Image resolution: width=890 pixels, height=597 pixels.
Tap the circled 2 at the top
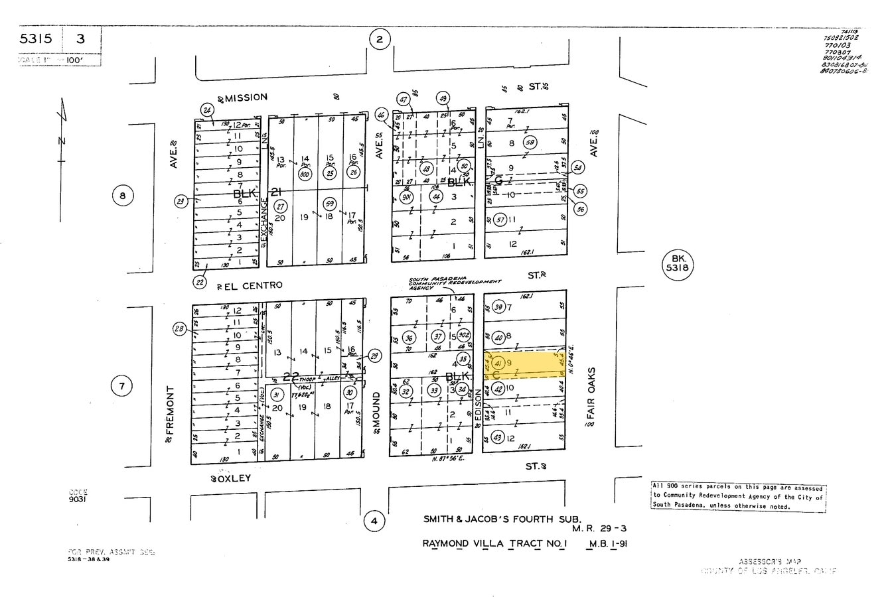click(379, 40)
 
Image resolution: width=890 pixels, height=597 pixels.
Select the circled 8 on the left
click(122, 196)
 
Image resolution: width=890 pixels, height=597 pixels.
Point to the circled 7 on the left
click(122, 386)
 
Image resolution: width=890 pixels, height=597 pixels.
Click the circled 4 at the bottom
click(374, 521)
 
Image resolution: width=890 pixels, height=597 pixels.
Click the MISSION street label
click(247, 97)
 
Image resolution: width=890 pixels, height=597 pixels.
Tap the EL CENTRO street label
click(252, 285)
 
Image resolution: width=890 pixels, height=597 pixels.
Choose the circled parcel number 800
click(305, 174)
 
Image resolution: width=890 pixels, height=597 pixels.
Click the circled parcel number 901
click(408, 196)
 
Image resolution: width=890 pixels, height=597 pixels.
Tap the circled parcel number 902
click(464, 336)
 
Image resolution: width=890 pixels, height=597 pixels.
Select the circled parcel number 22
click(200, 282)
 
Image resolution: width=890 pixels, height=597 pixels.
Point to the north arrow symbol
click(61, 133)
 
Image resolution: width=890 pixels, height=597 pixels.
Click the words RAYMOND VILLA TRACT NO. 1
click(496, 544)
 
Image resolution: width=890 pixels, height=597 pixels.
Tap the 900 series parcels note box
click(738, 496)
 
